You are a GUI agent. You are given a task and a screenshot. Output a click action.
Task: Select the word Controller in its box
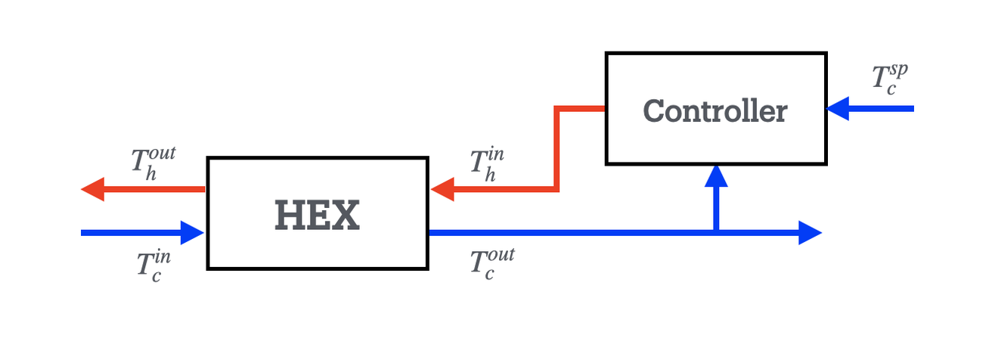click(x=714, y=111)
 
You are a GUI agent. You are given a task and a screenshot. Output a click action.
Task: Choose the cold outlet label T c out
click(x=491, y=262)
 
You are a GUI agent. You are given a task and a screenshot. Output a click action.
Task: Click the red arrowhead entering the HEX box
click(x=443, y=189)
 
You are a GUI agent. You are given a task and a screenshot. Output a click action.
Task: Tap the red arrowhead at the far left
click(x=92, y=188)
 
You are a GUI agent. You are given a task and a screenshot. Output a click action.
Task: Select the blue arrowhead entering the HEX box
click(x=194, y=232)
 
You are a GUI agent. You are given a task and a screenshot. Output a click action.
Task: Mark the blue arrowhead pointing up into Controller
click(x=715, y=176)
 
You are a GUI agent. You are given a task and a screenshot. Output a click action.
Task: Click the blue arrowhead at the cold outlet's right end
click(x=810, y=232)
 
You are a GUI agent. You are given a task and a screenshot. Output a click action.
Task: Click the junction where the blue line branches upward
click(x=715, y=232)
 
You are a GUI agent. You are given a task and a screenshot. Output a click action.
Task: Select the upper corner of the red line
click(x=556, y=109)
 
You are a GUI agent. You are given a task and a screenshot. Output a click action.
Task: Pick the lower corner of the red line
click(x=556, y=189)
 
